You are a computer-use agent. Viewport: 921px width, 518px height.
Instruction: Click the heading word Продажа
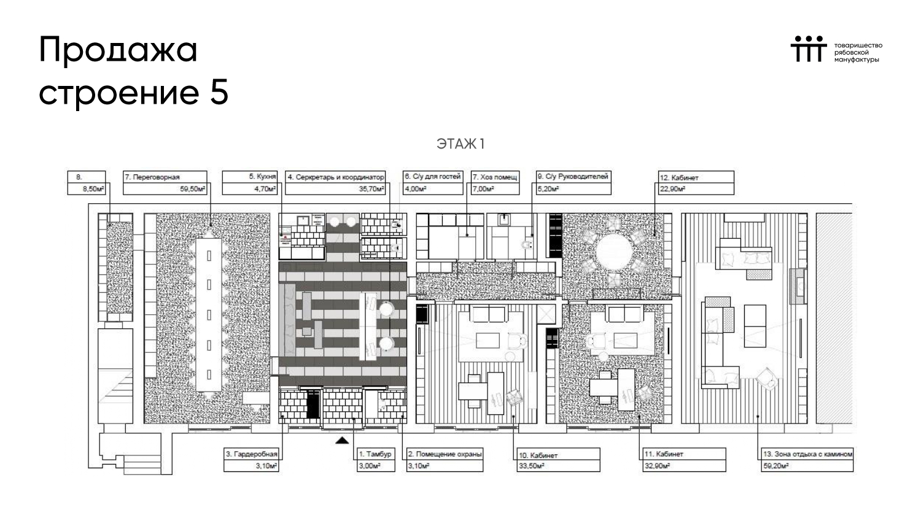coord(119,50)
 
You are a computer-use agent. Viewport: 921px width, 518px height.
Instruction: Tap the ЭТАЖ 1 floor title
coord(460,144)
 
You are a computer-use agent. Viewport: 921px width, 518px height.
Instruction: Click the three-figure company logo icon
coord(809,49)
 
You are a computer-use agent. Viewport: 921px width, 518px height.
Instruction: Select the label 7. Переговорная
coord(152,177)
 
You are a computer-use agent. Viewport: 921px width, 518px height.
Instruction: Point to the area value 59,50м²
coord(192,189)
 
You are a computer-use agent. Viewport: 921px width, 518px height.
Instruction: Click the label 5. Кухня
coord(262,176)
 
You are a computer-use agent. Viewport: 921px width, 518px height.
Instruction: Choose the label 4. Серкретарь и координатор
coord(335,177)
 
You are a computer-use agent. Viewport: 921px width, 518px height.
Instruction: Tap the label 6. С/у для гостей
coord(432,176)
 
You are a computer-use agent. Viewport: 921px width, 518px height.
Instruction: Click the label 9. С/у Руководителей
coord(573,176)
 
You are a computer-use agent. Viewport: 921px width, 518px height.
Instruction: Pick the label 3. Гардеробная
coord(252,454)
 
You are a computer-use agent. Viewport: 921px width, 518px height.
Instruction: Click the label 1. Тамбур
coord(375,454)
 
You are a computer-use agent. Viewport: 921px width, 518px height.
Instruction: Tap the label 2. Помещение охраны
coord(445,454)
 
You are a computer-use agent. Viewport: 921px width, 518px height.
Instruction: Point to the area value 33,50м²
coord(532,466)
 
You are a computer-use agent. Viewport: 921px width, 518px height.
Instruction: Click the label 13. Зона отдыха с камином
coord(807,454)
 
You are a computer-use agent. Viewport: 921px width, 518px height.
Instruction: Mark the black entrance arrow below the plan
coord(342,441)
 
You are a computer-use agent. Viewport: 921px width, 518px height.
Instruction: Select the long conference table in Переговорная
coord(209,315)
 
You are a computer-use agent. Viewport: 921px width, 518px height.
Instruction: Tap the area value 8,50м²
coord(93,189)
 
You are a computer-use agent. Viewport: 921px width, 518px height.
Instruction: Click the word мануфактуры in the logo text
coord(857,60)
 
